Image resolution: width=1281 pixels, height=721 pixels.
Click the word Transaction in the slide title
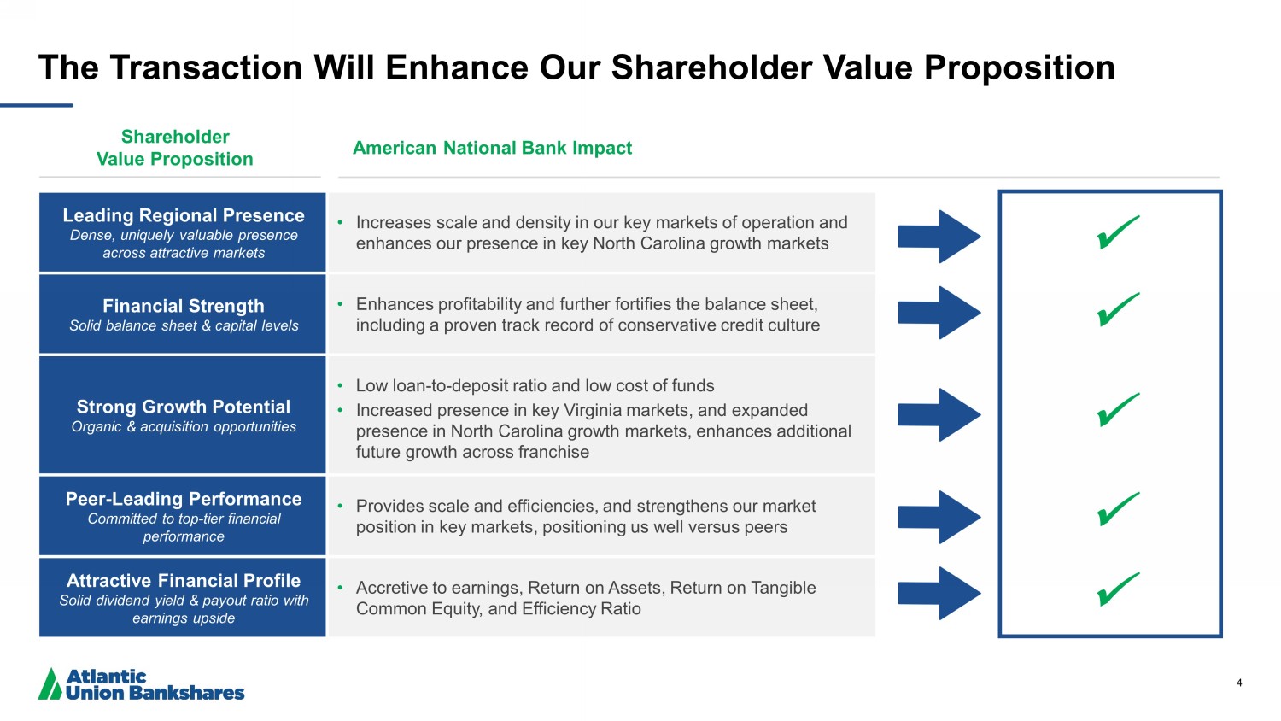[x=207, y=67]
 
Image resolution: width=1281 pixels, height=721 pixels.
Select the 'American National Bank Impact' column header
[x=493, y=148]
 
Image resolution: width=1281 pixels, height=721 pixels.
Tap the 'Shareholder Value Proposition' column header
[x=175, y=148]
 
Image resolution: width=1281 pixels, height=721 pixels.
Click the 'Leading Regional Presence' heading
[x=184, y=215]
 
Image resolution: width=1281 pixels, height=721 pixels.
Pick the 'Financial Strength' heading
[x=184, y=306]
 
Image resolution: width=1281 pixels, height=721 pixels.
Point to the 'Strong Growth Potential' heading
[x=184, y=407]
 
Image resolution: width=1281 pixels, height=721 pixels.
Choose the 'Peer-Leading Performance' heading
[x=184, y=498]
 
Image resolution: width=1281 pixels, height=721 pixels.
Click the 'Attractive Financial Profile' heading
[x=184, y=580]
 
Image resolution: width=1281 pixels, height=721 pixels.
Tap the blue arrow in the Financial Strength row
[x=939, y=313]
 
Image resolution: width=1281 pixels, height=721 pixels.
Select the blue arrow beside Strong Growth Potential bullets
[x=939, y=415]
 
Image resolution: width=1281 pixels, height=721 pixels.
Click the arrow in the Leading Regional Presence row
[x=939, y=237]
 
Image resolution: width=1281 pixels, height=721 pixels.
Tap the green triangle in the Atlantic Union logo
[x=50, y=683]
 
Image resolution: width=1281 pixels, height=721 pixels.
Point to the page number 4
[x=1239, y=683]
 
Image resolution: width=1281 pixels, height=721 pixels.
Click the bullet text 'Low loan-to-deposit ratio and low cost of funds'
[x=535, y=385]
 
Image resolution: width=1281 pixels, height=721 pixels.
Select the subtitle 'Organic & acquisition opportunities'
[x=184, y=427]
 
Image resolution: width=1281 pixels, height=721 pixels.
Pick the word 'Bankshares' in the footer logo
[x=186, y=693]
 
